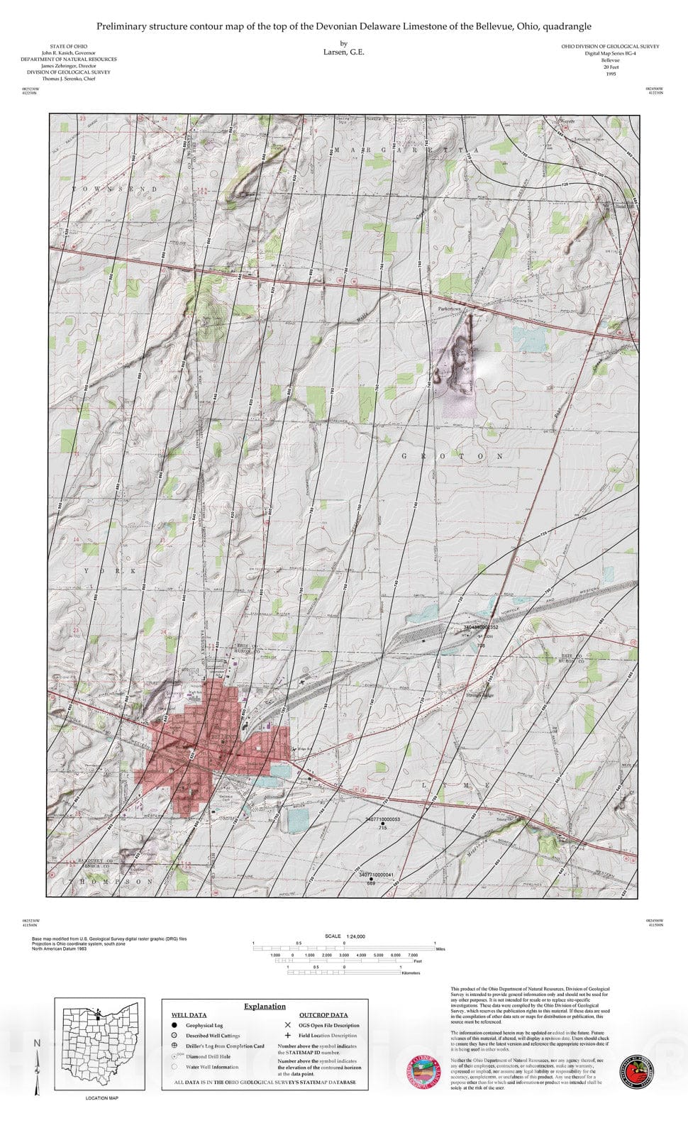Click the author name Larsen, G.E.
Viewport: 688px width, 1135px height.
click(x=343, y=52)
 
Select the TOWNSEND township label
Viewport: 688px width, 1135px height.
click(x=113, y=189)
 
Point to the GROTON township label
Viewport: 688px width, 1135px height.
click(x=453, y=456)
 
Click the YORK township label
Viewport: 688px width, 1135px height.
click(x=111, y=570)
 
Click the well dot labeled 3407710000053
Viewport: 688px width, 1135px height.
click(x=383, y=824)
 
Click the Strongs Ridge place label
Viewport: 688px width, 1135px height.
click(x=479, y=696)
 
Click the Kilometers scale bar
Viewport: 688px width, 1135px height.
click(x=344, y=973)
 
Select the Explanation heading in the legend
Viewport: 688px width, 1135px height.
click(x=265, y=1006)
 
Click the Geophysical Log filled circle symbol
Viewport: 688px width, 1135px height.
click(x=174, y=1025)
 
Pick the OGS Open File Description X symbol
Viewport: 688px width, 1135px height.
click(x=287, y=1025)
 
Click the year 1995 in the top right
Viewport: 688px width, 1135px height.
click(x=611, y=74)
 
